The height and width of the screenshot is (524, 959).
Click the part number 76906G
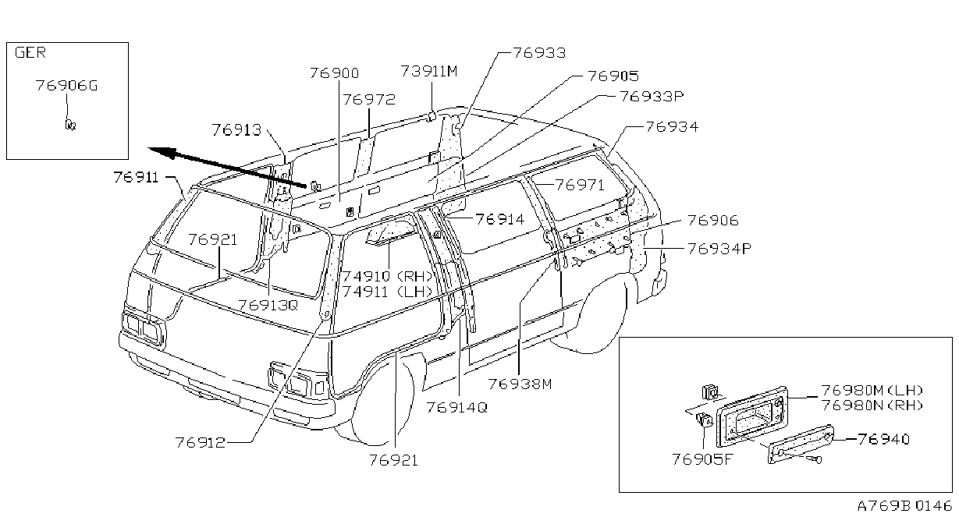(67, 86)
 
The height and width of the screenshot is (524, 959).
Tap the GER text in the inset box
(30, 52)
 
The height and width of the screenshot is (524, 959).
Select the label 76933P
(652, 97)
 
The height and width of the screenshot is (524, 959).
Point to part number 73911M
(429, 71)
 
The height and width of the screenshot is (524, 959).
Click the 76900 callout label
(335, 73)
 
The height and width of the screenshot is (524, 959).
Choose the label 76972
(369, 100)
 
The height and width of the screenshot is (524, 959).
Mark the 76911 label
(136, 177)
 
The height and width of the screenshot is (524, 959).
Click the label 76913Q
(268, 306)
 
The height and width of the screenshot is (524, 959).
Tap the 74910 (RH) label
(388, 276)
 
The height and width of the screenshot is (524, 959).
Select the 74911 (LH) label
(387, 292)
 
